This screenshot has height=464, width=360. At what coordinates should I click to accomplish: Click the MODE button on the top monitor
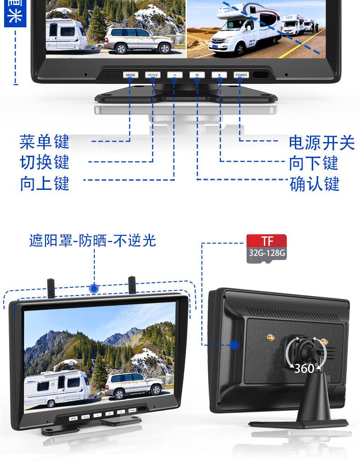point(130,75)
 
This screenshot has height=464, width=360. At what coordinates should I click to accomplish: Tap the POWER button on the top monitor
point(241,75)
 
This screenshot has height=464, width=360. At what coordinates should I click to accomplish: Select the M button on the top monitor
point(197,75)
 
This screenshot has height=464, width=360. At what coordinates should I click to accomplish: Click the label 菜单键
point(44,142)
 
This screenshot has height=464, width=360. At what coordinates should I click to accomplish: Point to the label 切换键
point(44,163)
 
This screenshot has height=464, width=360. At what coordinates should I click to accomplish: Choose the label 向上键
point(44,184)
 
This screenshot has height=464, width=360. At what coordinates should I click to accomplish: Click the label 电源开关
point(321,143)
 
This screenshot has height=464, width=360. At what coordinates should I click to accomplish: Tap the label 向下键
point(314,163)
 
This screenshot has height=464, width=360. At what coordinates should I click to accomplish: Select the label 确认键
point(314,184)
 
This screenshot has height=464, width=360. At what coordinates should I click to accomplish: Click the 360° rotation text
point(304,368)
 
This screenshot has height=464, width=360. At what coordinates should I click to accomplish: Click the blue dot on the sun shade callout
point(94,288)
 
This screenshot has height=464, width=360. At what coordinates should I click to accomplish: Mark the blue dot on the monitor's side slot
point(234,345)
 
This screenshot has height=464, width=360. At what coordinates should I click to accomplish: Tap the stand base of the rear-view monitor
point(301,423)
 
